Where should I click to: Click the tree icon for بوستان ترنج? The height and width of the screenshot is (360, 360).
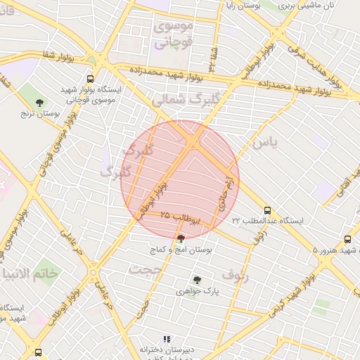pyautogui.click(x=39, y=103)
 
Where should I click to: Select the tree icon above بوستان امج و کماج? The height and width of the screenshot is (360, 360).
pyautogui.click(x=181, y=240)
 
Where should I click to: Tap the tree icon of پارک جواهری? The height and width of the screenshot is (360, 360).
pyautogui.click(x=196, y=280)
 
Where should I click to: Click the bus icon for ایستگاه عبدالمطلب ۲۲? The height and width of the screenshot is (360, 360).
pyautogui.click(x=266, y=210)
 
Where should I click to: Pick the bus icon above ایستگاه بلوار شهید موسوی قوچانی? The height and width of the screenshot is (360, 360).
pyautogui.click(x=90, y=79)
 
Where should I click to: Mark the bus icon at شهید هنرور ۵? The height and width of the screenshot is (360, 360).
pyautogui.click(x=347, y=239)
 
